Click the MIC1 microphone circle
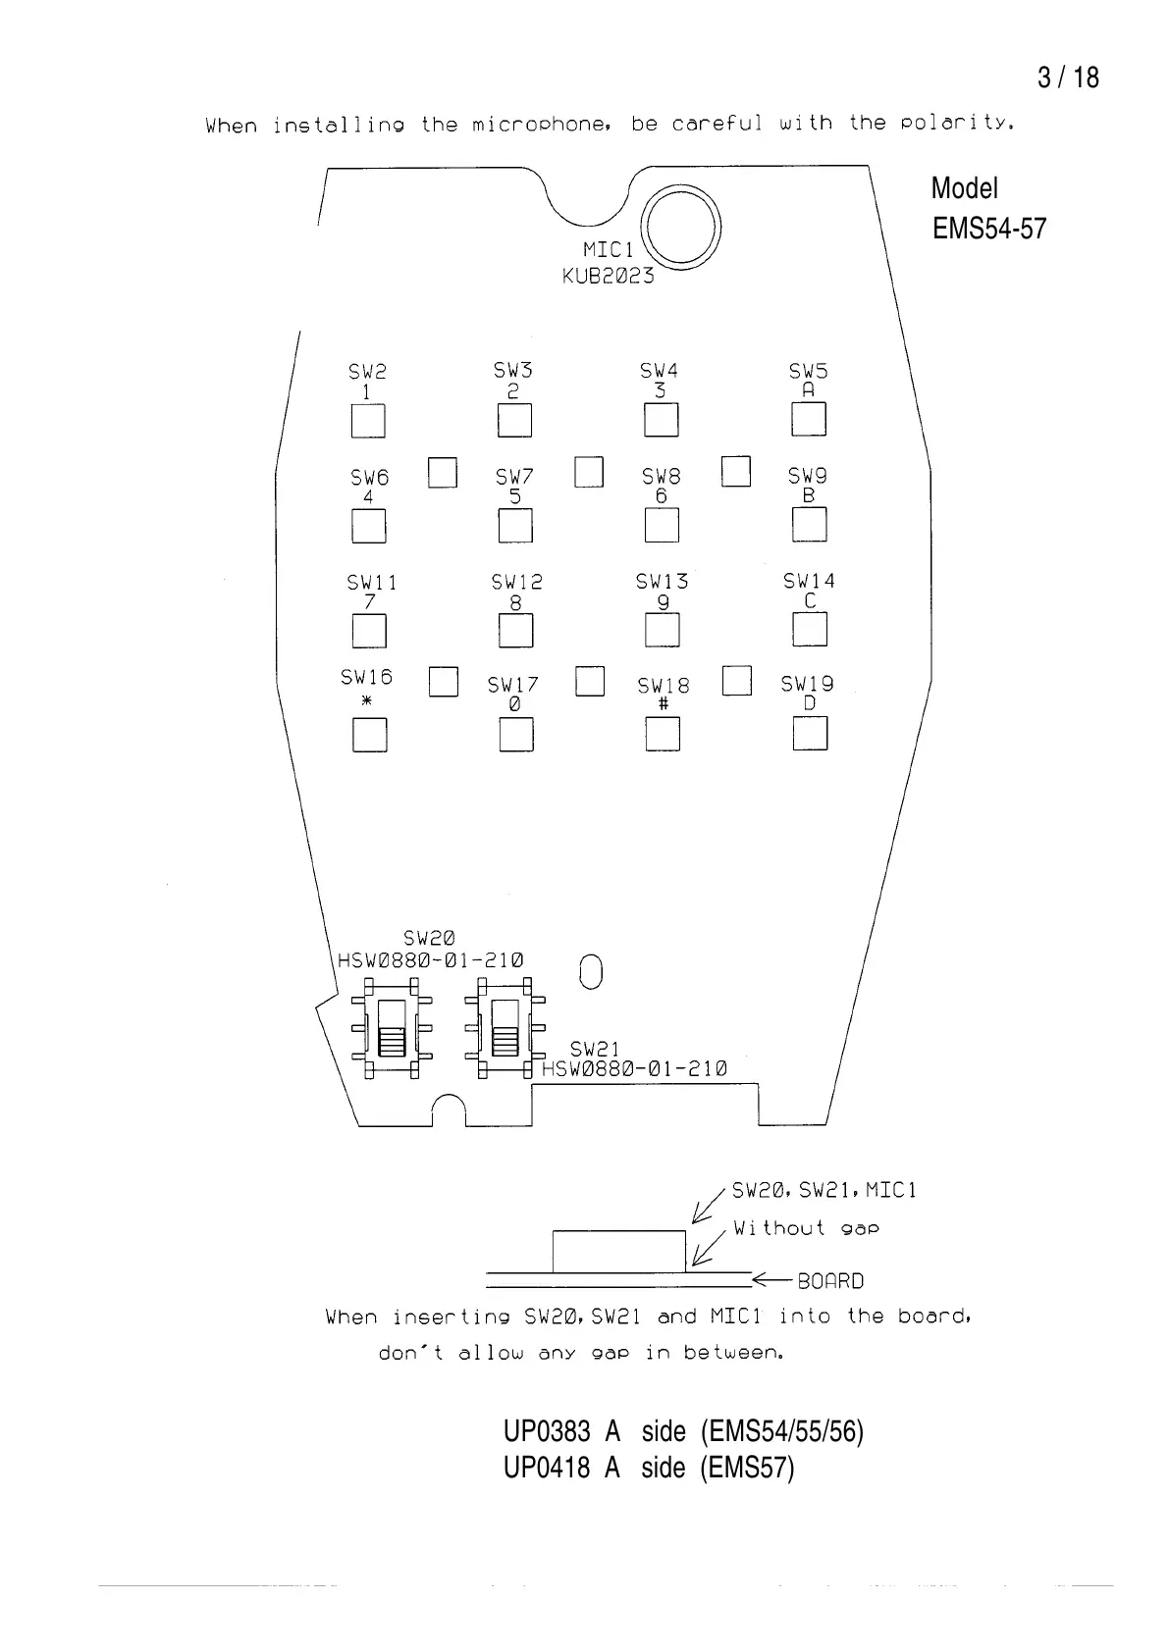pyautogui.click(x=680, y=228)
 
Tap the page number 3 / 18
pyautogui.click(x=1068, y=77)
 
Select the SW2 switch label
pyautogui.click(x=367, y=372)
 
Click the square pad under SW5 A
pyautogui.click(x=809, y=420)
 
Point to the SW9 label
pyautogui.click(x=807, y=476)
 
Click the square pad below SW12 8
pyautogui.click(x=515, y=631)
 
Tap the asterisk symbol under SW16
pyautogui.click(x=367, y=700)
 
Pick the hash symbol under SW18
pyautogui.click(x=663, y=704)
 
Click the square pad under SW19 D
pyautogui.click(x=810, y=734)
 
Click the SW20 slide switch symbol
pyautogui.click(x=392, y=1027)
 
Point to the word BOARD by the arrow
pyautogui.click(x=830, y=1281)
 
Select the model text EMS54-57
pyautogui.click(x=989, y=229)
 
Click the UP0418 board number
pyautogui.click(x=547, y=1468)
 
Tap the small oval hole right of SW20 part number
pyautogui.click(x=590, y=971)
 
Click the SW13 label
pyautogui.click(x=662, y=582)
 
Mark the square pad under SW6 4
pyautogui.click(x=368, y=527)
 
